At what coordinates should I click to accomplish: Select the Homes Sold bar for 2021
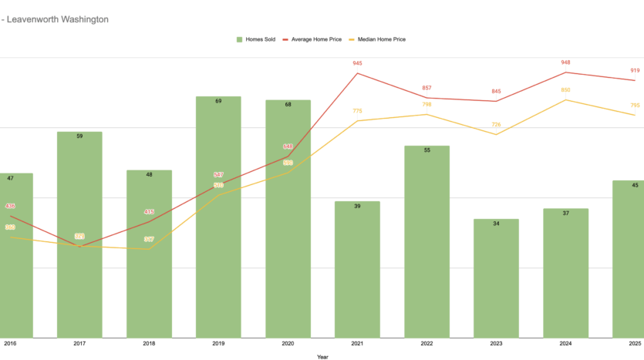pos(357,270)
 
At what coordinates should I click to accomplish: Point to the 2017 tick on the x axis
pos(79,344)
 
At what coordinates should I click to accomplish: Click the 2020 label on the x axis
pos(288,344)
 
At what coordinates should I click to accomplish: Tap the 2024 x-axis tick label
pos(565,344)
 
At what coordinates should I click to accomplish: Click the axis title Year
pos(322,357)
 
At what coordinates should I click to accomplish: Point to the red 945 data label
pos(357,63)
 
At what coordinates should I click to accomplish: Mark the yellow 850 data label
pos(566,90)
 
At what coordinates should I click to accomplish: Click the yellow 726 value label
pos(496,125)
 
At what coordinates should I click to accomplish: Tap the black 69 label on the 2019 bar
pos(218,101)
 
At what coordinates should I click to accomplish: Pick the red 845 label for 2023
pos(496,92)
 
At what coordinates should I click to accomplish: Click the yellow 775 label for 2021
pos(357,111)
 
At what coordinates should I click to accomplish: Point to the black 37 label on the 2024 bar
pos(565,213)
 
